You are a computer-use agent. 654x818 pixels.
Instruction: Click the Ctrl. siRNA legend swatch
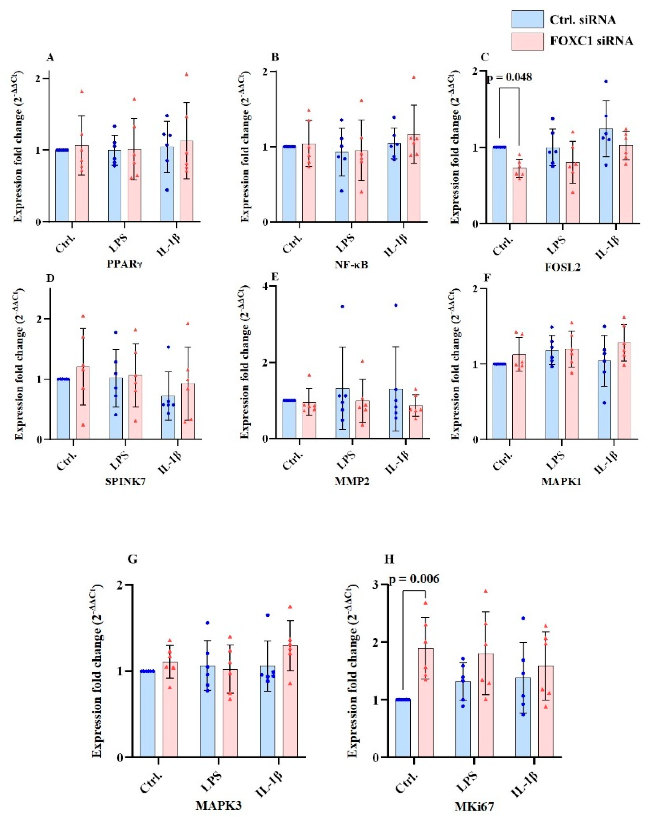coord(527,19)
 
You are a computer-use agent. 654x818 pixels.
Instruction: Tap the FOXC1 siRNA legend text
coord(591,41)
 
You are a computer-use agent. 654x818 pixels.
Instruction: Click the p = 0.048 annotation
coord(509,77)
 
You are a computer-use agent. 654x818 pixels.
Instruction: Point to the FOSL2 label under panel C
coord(563,267)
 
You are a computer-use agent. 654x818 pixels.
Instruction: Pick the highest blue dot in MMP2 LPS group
coord(342,306)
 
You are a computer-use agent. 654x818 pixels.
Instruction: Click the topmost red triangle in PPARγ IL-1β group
coord(187,75)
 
